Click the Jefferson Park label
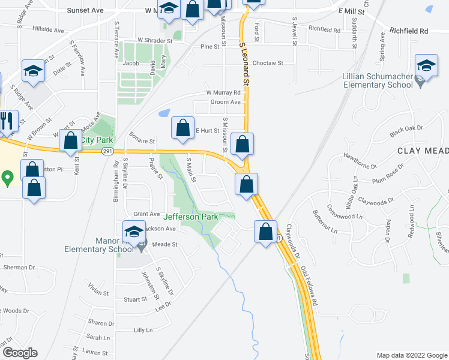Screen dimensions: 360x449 (x=190, y=217)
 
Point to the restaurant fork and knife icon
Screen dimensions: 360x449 (x=7, y=120)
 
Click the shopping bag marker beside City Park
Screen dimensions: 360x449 (x=71, y=140)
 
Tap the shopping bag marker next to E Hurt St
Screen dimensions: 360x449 (x=182, y=127)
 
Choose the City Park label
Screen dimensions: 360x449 (x=97, y=140)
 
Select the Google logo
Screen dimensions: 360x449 (x=19, y=353)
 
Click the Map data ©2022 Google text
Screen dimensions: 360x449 (x=412, y=355)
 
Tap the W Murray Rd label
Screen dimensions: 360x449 (x=223, y=93)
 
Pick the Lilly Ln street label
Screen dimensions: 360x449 (x=143, y=330)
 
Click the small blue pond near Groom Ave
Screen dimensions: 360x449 (x=163, y=113)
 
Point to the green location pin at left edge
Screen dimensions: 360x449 (x=7, y=178)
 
